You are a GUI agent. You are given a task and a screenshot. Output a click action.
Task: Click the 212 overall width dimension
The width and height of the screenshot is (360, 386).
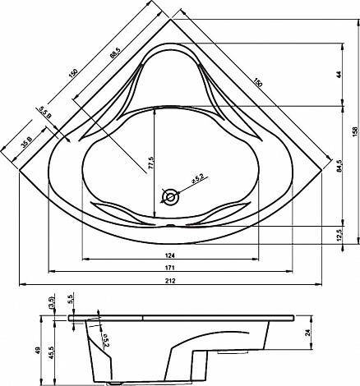(x=170, y=281)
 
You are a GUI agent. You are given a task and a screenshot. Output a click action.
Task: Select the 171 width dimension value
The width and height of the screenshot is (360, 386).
(x=170, y=268)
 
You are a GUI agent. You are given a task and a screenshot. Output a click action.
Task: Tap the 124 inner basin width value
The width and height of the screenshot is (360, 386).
(x=170, y=255)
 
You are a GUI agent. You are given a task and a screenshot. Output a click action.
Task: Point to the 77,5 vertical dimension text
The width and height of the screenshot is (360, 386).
(x=150, y=163)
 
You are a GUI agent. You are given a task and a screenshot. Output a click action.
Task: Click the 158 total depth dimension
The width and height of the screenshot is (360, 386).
(x=356, y=131)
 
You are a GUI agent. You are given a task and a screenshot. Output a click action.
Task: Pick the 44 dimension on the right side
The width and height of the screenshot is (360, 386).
(x=339, y=75)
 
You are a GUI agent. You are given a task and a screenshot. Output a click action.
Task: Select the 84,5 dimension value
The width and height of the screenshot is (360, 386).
(x=339, y=166)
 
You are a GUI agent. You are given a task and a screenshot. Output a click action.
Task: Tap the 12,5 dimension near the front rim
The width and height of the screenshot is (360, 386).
(x=339, y=236)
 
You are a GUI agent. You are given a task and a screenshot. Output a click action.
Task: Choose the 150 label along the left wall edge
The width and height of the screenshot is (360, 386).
(x=73, y=73)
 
